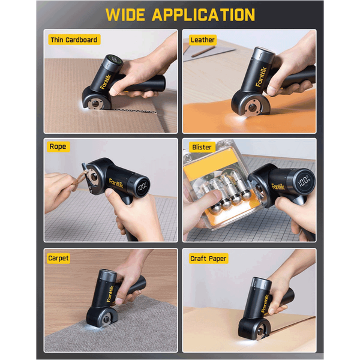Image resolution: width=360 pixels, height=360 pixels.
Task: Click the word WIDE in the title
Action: (125, 14)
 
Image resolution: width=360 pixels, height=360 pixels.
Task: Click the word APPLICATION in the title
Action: (203, 14)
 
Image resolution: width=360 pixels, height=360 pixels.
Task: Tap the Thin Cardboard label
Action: (74, 40)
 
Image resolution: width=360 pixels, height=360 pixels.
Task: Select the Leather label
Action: (203, 40)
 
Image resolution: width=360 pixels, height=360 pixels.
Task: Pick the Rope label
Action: (58, 146)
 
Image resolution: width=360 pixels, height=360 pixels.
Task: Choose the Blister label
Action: (202, 147)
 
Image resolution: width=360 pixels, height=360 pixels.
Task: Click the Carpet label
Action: (58, 258)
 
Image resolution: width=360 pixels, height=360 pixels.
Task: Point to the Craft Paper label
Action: (208, 259)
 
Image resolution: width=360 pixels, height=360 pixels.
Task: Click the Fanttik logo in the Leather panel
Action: (261, 77)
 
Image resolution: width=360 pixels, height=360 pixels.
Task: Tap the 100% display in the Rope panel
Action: (142, 187)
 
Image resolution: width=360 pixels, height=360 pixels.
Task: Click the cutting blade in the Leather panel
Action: (253, 108)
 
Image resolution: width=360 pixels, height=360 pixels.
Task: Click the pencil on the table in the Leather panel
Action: (203, 51)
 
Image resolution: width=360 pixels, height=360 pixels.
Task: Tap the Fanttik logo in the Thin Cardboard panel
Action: (106, 82)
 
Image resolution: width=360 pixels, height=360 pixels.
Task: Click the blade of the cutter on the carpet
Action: (106, 319)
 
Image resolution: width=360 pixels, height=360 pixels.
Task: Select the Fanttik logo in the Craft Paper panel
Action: (265, 303)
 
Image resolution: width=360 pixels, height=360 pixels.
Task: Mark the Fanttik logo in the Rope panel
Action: (116, 183)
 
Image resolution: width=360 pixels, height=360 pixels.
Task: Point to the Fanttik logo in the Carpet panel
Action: (110, 293)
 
